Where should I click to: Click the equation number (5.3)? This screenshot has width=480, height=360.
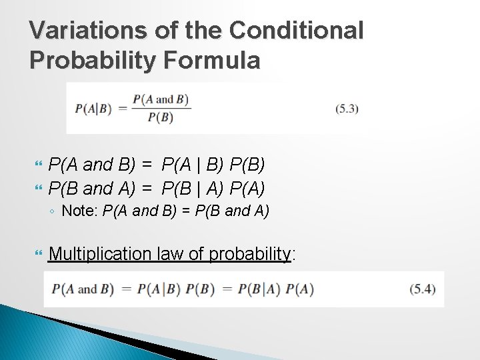pos(347,109)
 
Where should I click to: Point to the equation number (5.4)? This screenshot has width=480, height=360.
pos(423,289)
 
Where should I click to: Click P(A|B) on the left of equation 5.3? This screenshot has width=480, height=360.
pos(93,109)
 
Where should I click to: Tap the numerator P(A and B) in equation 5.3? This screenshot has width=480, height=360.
pos(161,100)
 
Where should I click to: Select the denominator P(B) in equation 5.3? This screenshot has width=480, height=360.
pos(160,117)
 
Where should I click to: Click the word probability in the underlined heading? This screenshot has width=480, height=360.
pos(250,254)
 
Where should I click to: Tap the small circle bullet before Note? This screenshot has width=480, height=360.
pos(53,212)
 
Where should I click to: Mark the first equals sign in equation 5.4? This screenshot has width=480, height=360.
pos(126,289)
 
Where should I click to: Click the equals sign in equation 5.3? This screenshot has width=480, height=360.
pos(122,109)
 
